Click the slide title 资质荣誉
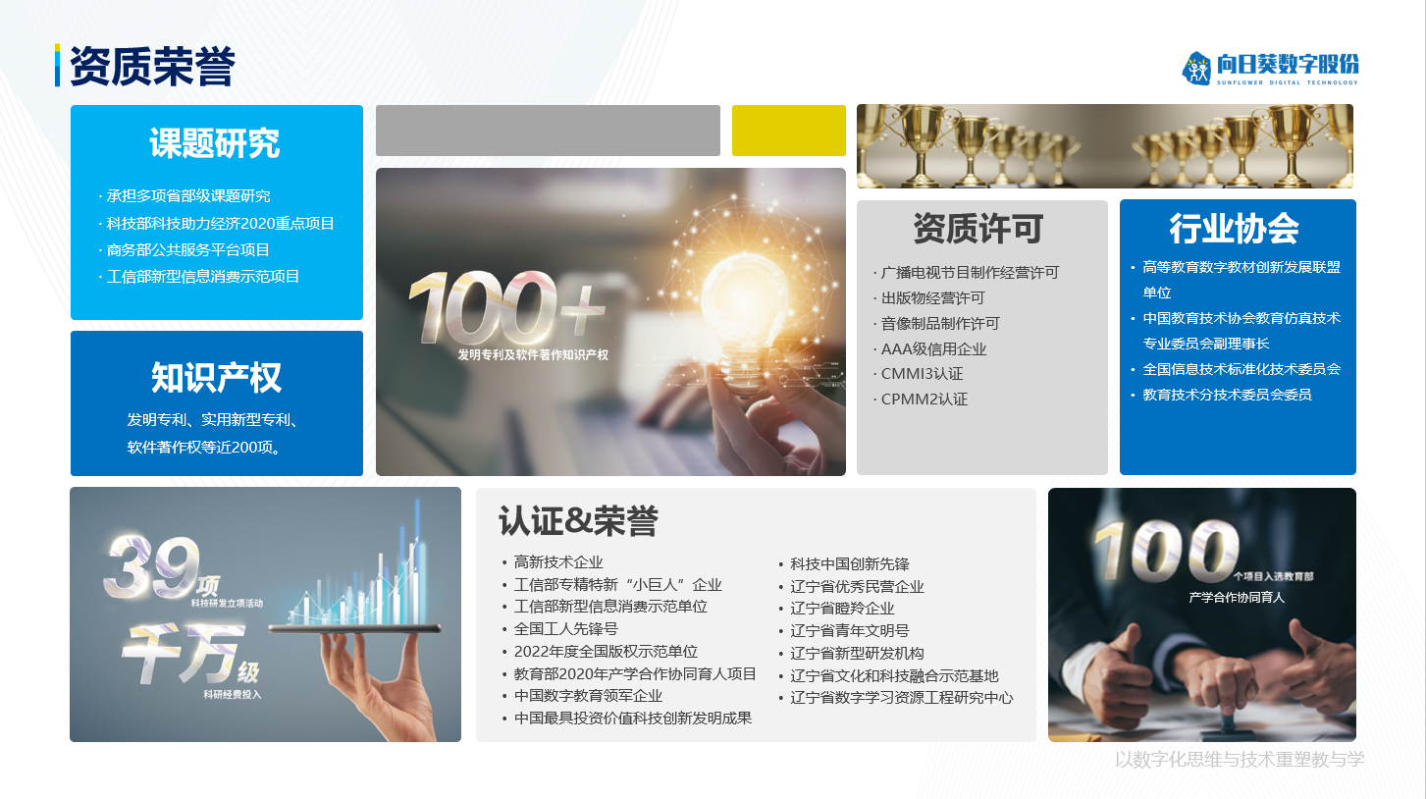(x=152, y=66)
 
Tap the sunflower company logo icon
(x=1196, y=68)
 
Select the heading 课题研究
(x=215, y=142)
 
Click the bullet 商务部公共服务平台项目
(x=187, y=249)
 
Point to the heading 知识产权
(x=216, y=378)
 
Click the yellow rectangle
(x=789, y=131)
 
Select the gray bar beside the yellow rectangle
(x=548, y=131)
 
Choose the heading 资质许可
(x=977, y=229)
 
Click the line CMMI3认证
(x=922, y=374)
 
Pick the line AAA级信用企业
(x=933, y=348)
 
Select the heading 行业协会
(x=1234, y=229)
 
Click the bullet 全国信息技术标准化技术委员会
(x=1241, y=369)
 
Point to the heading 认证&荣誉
(x=578, y=521)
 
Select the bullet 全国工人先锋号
(x=566, y=629)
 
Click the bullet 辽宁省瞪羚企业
(x=842, y=609)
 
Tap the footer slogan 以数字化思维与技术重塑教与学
(x=1240, y=759)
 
